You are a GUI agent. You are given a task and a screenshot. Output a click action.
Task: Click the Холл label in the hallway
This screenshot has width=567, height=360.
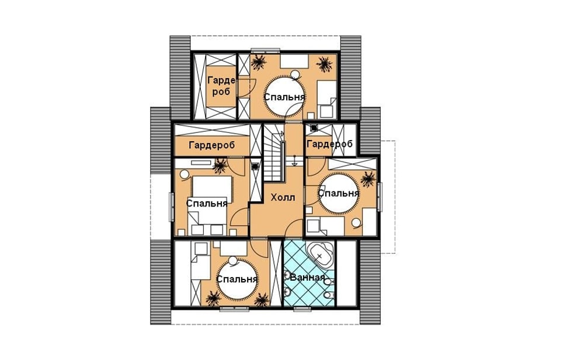click(283, 197)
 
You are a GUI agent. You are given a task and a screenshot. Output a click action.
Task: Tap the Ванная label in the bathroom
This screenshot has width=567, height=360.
click(307, 277)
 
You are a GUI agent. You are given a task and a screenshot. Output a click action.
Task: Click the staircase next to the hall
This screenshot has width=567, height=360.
click(274, 152)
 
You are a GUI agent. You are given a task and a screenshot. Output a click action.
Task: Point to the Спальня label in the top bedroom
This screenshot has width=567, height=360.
click(284, 97)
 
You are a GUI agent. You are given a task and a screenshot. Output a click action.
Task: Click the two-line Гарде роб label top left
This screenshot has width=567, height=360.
click(221, 86)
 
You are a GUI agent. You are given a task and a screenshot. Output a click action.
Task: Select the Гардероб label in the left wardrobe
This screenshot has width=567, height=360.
click(212, 145)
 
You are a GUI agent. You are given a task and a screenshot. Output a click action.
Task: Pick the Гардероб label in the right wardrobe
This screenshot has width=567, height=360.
click(329, 144)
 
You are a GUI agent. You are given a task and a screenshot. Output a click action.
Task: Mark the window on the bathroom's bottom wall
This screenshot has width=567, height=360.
click(302, 308)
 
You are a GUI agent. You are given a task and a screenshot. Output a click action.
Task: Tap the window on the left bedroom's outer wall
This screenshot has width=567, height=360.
click(172, 207)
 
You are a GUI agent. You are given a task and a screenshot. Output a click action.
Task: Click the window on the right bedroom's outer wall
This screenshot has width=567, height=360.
click(380, 197)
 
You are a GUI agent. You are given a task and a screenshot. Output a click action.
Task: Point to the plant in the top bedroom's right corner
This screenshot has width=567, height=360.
click(324, 64)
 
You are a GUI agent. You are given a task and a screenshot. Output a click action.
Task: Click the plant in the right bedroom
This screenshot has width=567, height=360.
click(368, 179)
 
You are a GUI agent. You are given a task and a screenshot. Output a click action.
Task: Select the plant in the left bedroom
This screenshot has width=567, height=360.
click(219, 166)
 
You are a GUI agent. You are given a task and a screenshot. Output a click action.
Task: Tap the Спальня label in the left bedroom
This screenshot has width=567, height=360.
click(207, 203)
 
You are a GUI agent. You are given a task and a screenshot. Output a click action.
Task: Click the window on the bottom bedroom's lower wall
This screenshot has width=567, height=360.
click(234, 308)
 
